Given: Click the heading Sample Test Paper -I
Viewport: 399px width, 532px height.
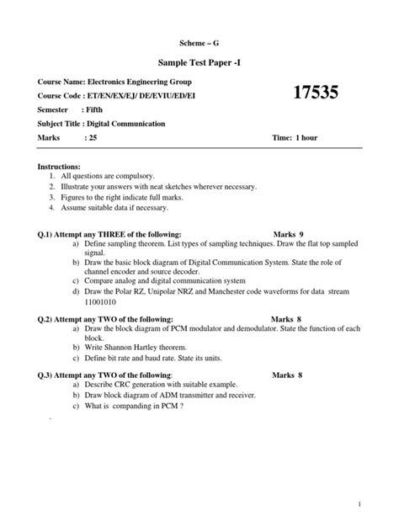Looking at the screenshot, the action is pyautogui.click(x=199, y=62).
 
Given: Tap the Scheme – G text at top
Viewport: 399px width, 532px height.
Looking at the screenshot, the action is pyautogui.click(x=199, y=40).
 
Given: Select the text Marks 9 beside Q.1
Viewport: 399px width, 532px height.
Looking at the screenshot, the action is pyautogui.click(x=294, y=234).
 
